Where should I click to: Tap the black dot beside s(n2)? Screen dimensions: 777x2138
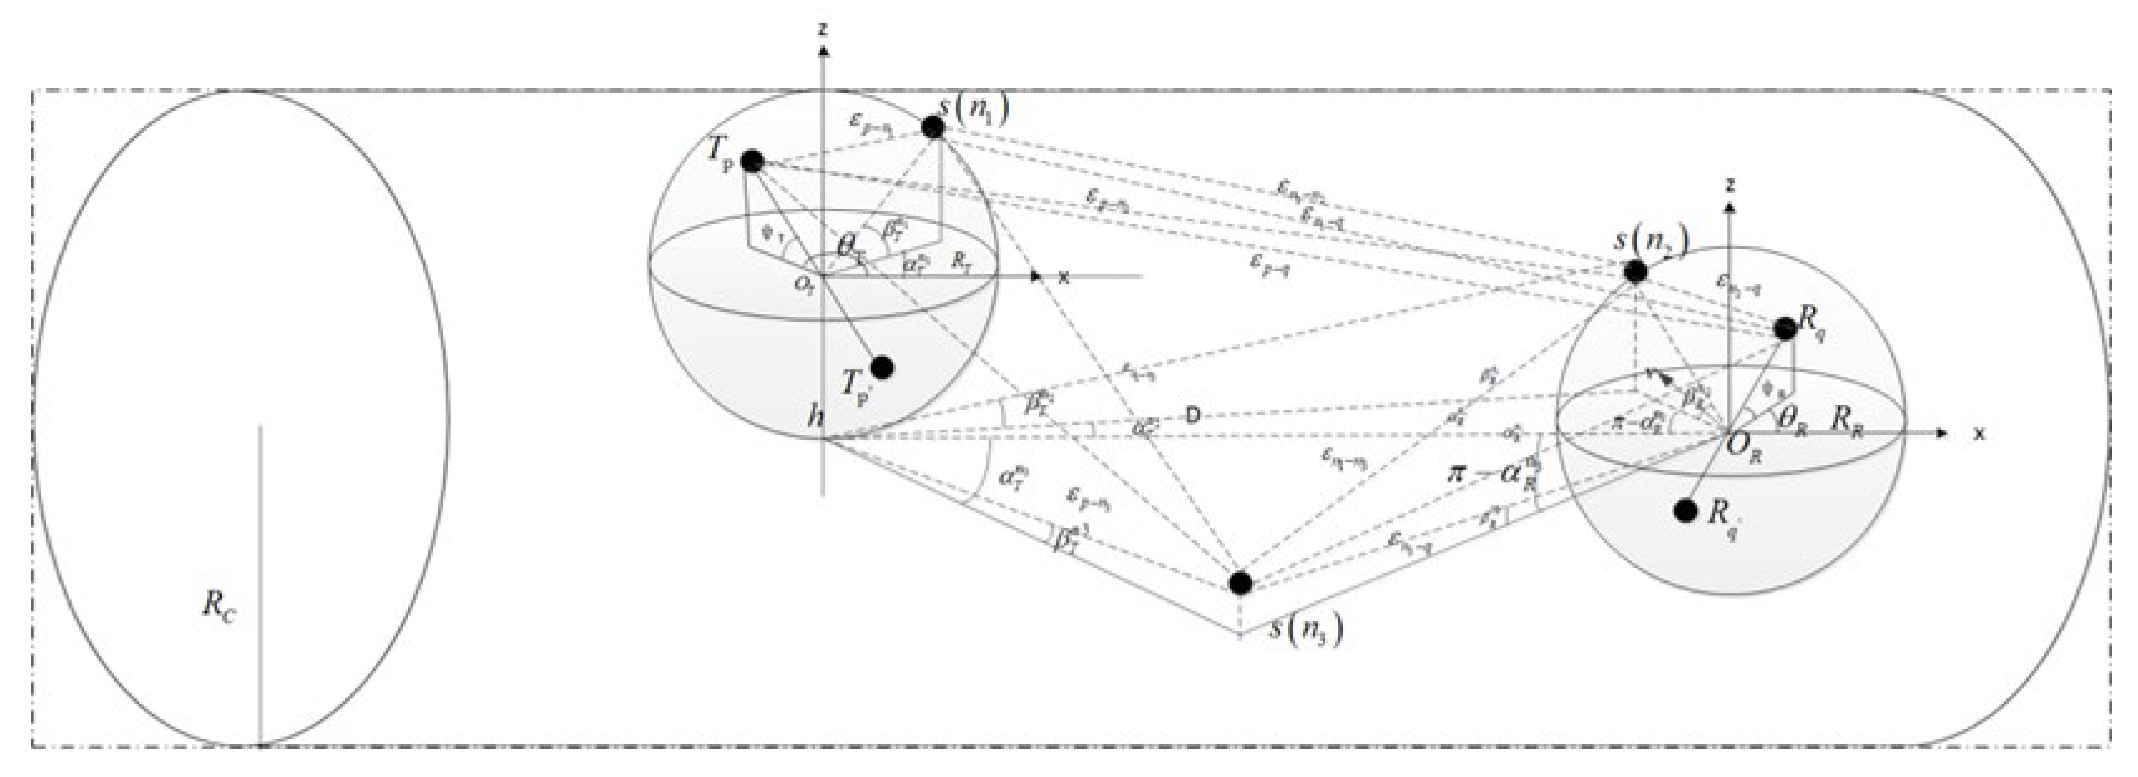point(1635,271)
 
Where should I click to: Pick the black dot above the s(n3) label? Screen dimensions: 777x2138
point(1240,583)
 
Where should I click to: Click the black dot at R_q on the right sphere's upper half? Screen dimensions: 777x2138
point(1785,328)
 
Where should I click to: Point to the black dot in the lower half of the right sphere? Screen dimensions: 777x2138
point(1686,511)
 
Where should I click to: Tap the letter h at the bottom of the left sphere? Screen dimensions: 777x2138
point(817,416)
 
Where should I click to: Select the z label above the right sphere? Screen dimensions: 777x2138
point(1729,184)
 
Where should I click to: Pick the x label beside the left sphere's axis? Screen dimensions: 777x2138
point(1064,277)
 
